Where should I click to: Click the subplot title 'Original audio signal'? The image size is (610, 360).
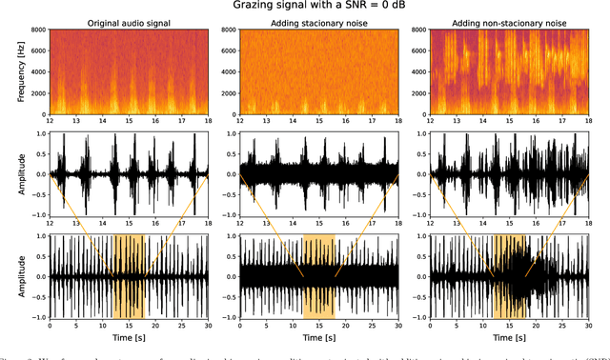[x=128, y=22]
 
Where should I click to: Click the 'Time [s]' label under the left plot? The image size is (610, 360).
[x=128, y=338]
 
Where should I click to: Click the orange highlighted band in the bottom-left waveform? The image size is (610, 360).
[x=128, y=276]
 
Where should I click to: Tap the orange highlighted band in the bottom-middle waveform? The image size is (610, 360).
[x=318, y=276]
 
